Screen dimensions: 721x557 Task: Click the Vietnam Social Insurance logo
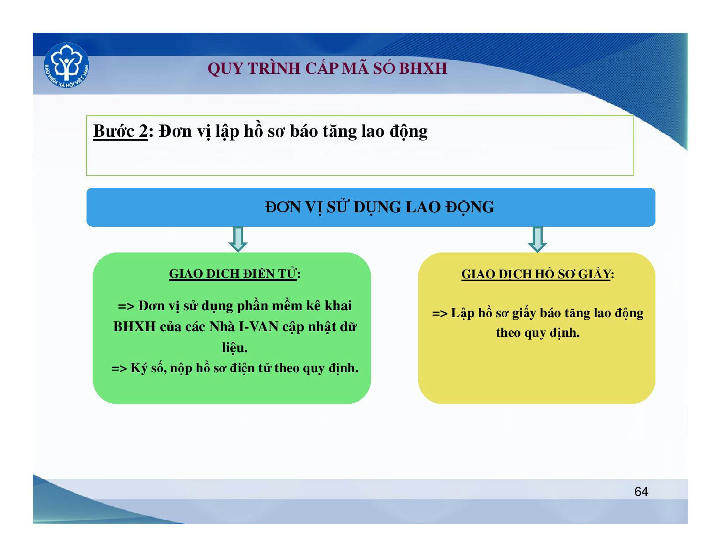tap(66, 66)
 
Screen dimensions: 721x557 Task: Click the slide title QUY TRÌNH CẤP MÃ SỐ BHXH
tap(327, 68)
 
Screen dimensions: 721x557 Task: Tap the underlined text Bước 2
tap(120, 131)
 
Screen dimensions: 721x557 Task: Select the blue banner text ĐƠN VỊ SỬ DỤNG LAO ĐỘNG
tap(379, 208)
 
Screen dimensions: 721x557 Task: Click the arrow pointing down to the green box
tap(238, 239)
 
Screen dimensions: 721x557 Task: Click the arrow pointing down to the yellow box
tap(537, 239)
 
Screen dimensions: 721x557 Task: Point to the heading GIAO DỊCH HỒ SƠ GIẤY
tap(537, 274)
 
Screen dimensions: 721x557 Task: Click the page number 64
tap(641, 491)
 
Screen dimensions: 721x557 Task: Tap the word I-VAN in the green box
tap(259, 327)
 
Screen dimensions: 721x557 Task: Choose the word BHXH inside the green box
tap(135, 327)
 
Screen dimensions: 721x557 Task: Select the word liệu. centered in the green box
tap(235, 347)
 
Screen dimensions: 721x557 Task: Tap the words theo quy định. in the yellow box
tap(537, 332)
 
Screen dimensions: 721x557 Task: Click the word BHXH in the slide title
tap(423, 68)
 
